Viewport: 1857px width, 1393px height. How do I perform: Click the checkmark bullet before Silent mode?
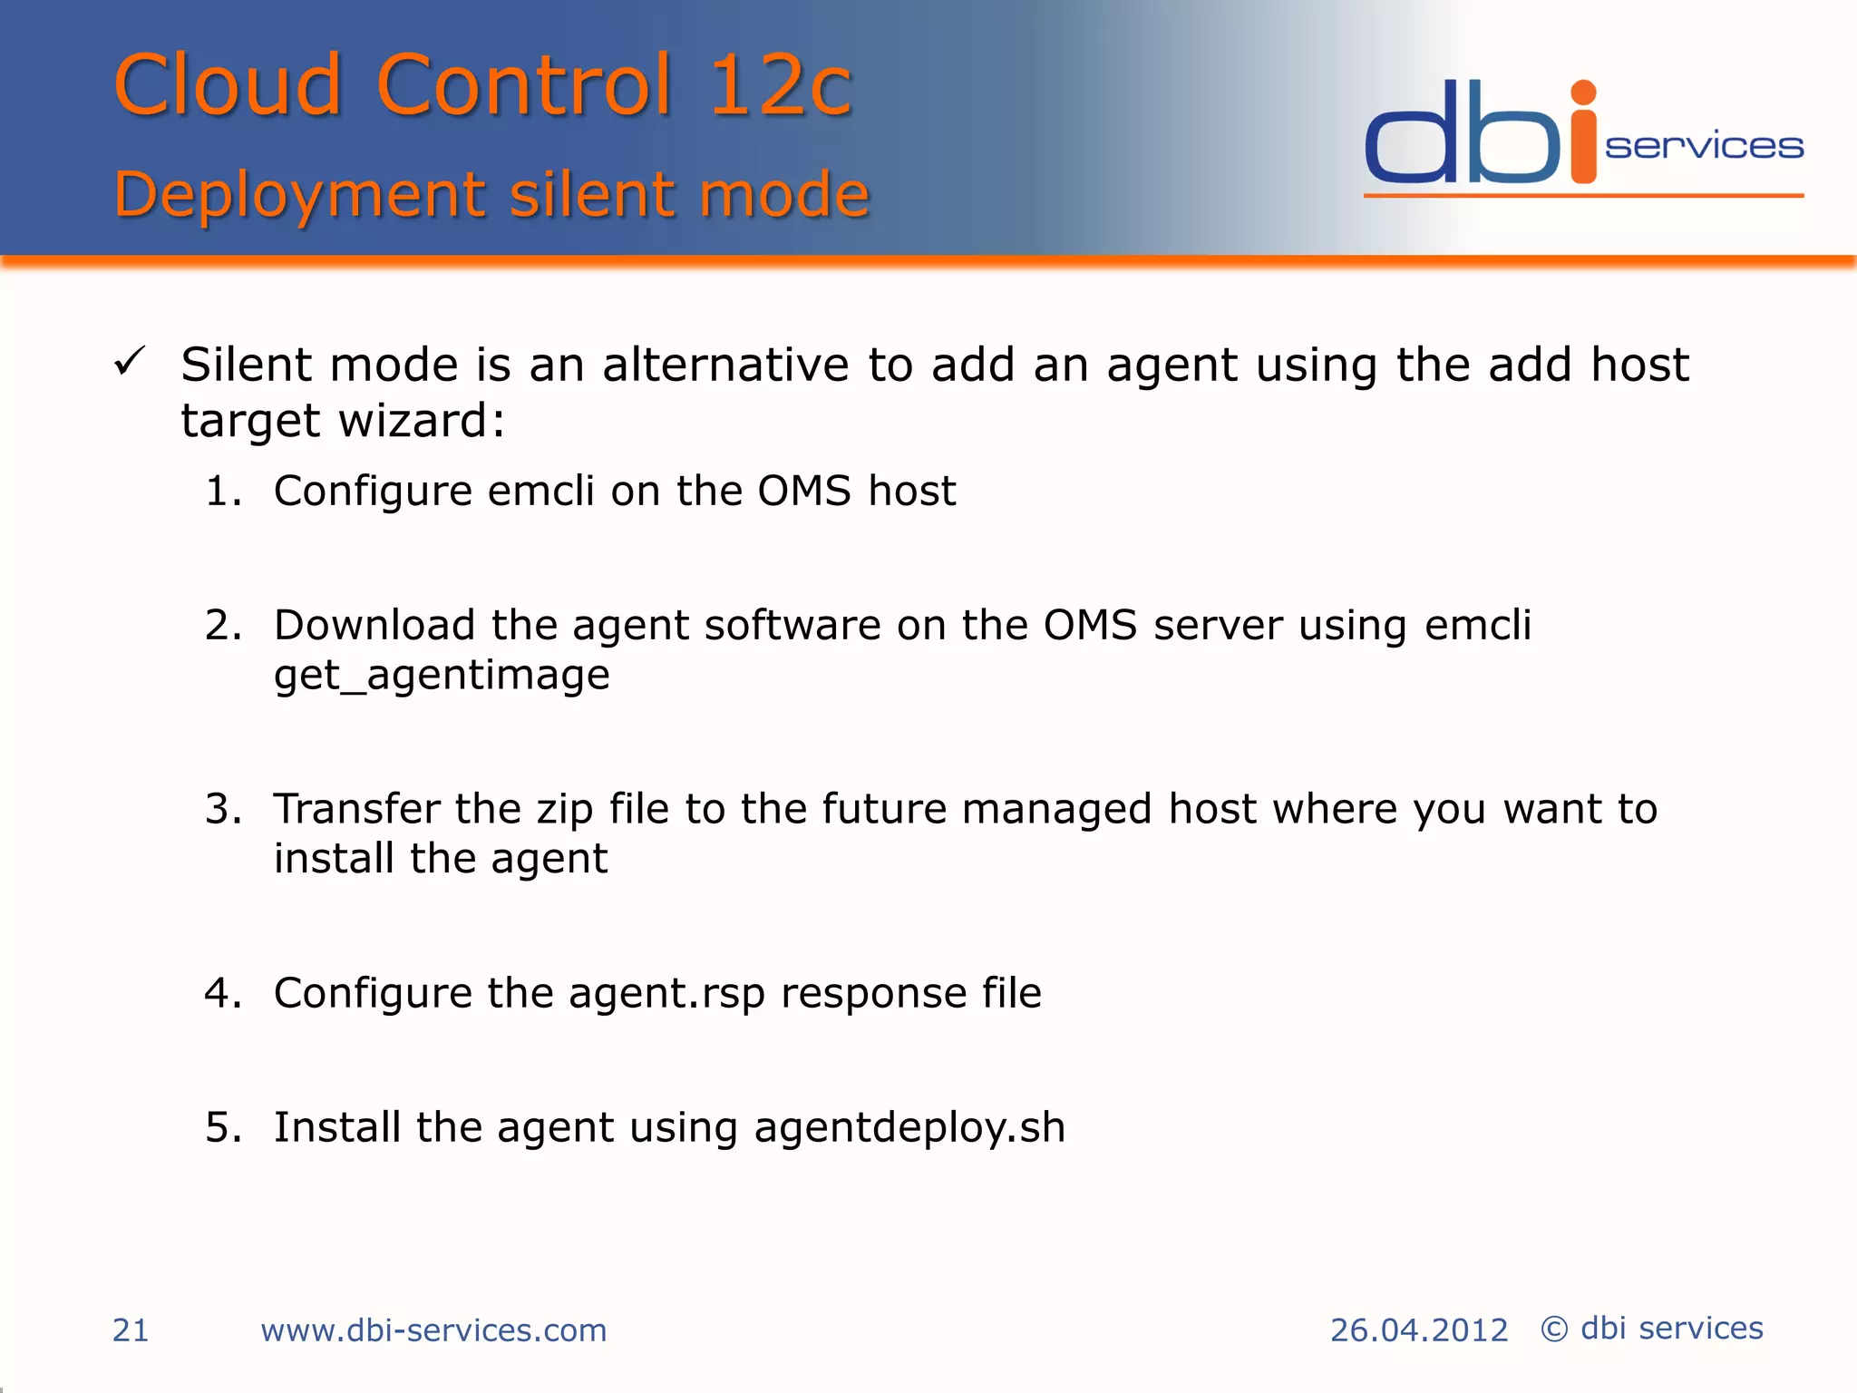(130, 363)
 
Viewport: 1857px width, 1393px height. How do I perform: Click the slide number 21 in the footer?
(131, 1330)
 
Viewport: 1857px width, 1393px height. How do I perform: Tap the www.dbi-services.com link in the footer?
(433, 1330)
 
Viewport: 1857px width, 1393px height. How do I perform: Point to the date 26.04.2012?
(1418, 1330)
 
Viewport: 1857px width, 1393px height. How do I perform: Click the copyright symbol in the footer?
(1554, 1330)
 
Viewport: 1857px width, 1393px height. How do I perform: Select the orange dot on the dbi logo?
(1583, 93)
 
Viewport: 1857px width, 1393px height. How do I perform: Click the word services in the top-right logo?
(1704, 146)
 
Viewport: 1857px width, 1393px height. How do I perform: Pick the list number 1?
(222, 492)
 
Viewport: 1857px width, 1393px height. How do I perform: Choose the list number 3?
(222, 809)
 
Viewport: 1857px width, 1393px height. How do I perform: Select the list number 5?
(222, 1128)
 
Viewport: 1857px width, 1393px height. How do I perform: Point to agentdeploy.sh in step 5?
(909, 1128)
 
